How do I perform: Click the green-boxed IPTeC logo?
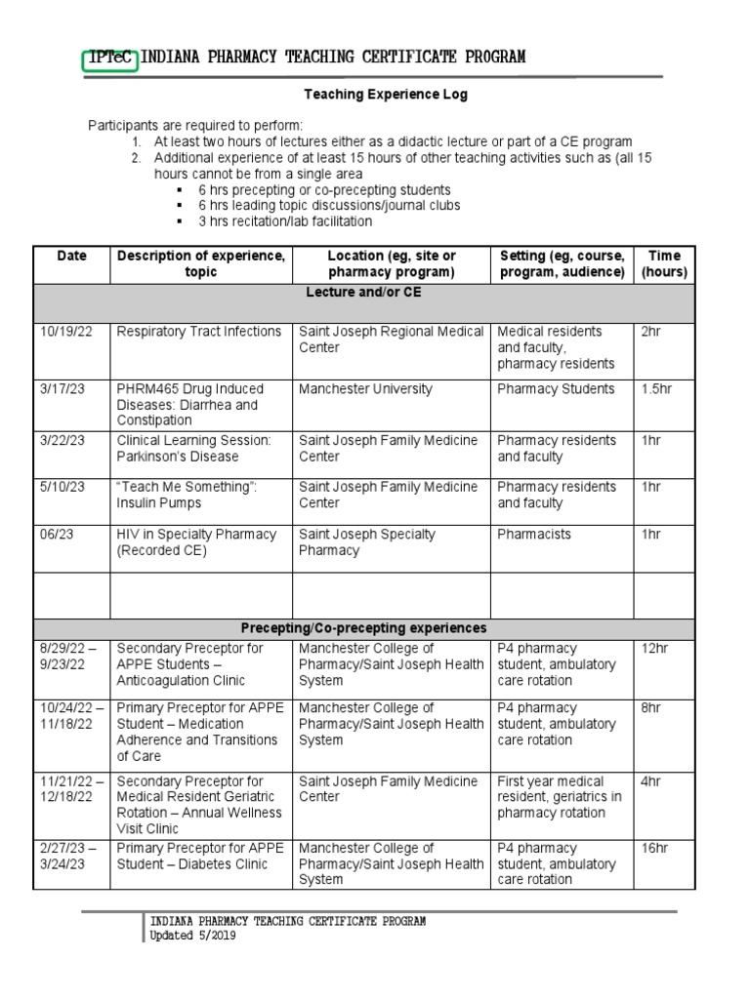pyautogui.click(x=111, y=58)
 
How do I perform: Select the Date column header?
pyautogui.click(x=71, y=256)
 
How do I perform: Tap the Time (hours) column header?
pyautogui.click(x=664, y=263)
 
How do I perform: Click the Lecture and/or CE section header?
pyautogui.click(x=363, y=292)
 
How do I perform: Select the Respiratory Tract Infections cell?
pyautogui.click(x=199, y=332)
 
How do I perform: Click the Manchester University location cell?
pyautogui.click(x=365, y=389)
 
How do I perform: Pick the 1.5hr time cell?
pyautogui.click(x=656, y=389)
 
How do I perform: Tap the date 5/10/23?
pyautogui.click(x=62, y=487)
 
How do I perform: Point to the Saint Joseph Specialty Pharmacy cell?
pyautogui.click(x=367, y=542)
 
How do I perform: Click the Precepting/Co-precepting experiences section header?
pyautogui.click(x=363, y=628)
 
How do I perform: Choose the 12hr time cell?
pyautogui.click(x=652, y=649)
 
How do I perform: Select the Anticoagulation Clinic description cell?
pyautogui.click(x=191, y=664)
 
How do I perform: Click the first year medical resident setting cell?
pyautogui.click(x=559, y=797)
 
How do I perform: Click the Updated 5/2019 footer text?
pyautogui.click(x=191, y=936)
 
